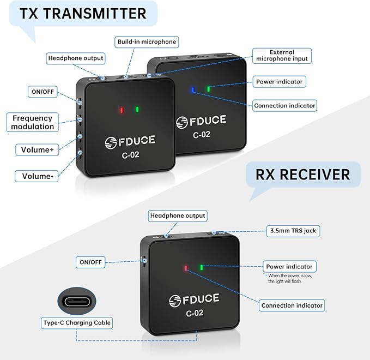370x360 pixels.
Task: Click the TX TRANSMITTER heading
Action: [x=83, y=14]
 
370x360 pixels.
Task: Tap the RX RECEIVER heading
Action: [x=303, y=175]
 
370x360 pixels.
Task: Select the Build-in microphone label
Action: [x=147, y=42]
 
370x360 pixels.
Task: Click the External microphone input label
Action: [x=282, y=56]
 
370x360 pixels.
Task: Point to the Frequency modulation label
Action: [x=33, y=122]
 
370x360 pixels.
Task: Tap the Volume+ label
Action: [x=37, y=150]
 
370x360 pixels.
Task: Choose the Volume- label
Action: [x=37, y=176]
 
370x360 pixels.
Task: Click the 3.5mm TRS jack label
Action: [x=293, y=231]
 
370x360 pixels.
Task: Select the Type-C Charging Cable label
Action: [x=77, y=323]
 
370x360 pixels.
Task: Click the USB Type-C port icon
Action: [x=77, y=301]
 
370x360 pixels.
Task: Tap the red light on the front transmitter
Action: [x=122, y=110]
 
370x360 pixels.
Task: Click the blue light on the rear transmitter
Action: [x=193, y=90]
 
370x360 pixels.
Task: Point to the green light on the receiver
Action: [x=202, y=267]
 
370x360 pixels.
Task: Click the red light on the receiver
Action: [x=186, y=268]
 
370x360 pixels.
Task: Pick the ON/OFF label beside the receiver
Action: [x=90, y=262]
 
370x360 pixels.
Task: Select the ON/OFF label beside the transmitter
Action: [x=43, y=92]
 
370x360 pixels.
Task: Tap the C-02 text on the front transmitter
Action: [x=130, y=155]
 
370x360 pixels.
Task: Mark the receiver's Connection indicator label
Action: [x=292, y=305]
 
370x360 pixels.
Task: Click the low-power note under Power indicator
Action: [x=290, y=279]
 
